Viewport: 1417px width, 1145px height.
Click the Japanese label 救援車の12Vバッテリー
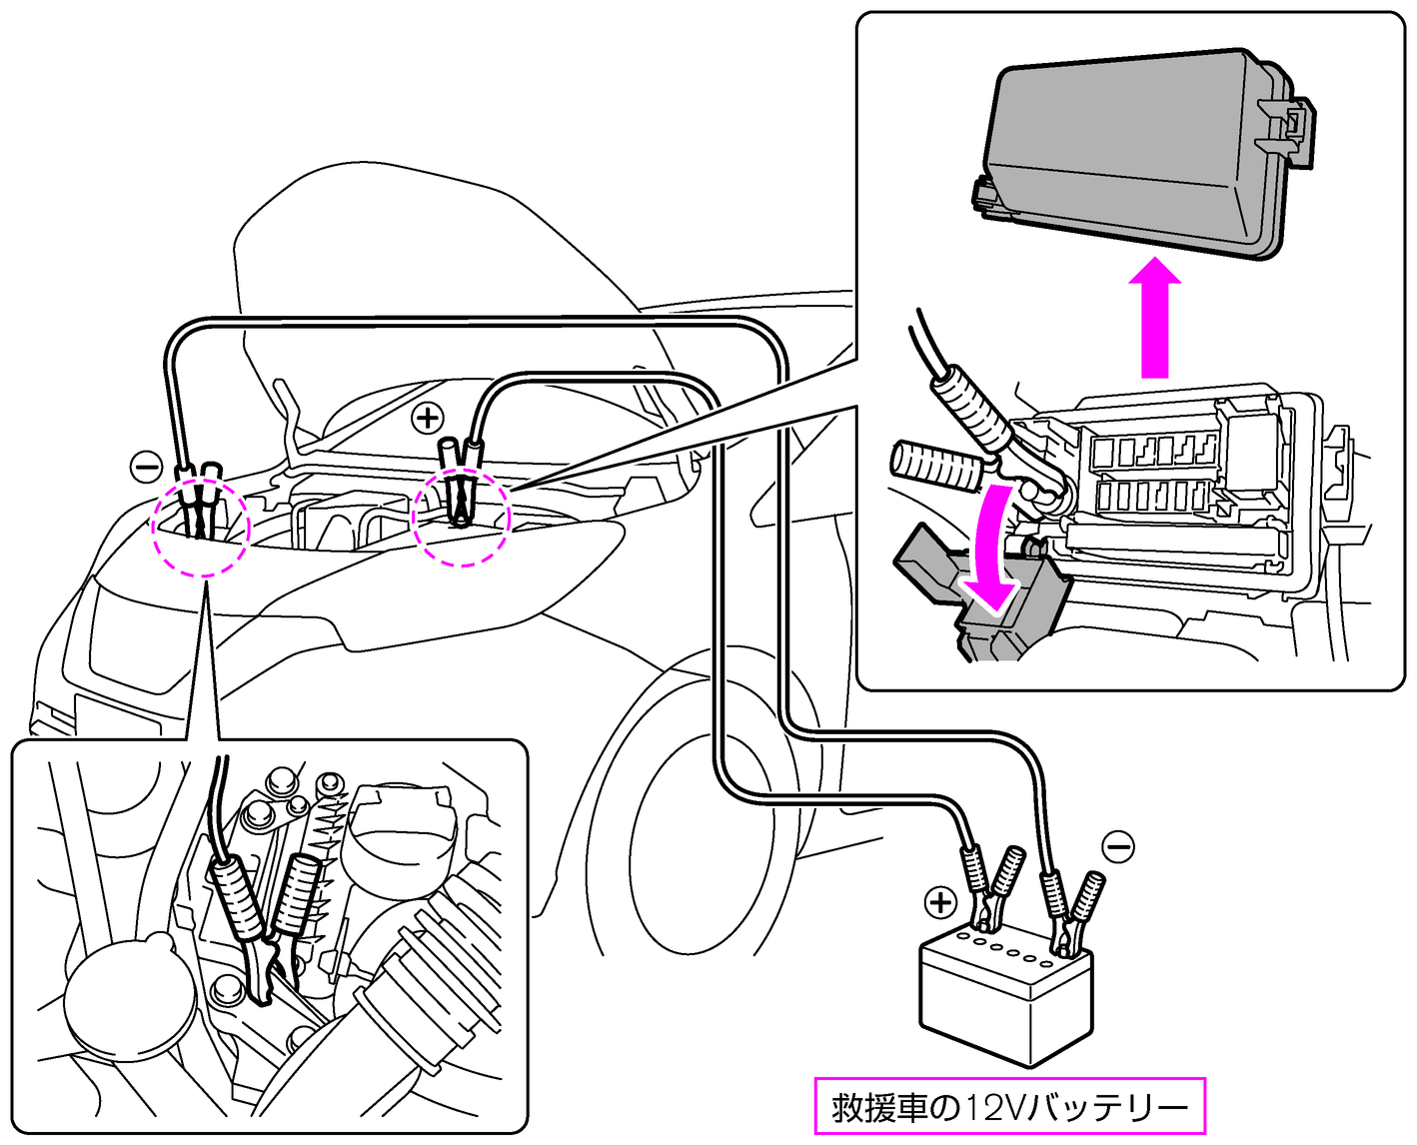[1010, 1107]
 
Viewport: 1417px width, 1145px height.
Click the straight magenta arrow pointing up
[1154, 316]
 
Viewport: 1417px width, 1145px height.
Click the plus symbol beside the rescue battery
[940, 902]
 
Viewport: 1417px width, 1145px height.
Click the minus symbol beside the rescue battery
[1118, 847]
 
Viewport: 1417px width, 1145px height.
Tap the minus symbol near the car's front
[146, 466]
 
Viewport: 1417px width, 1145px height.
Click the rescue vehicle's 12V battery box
[1005, 999]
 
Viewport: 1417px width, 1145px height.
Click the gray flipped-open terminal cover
[984, 599]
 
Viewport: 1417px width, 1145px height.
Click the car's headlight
[140, 639]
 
